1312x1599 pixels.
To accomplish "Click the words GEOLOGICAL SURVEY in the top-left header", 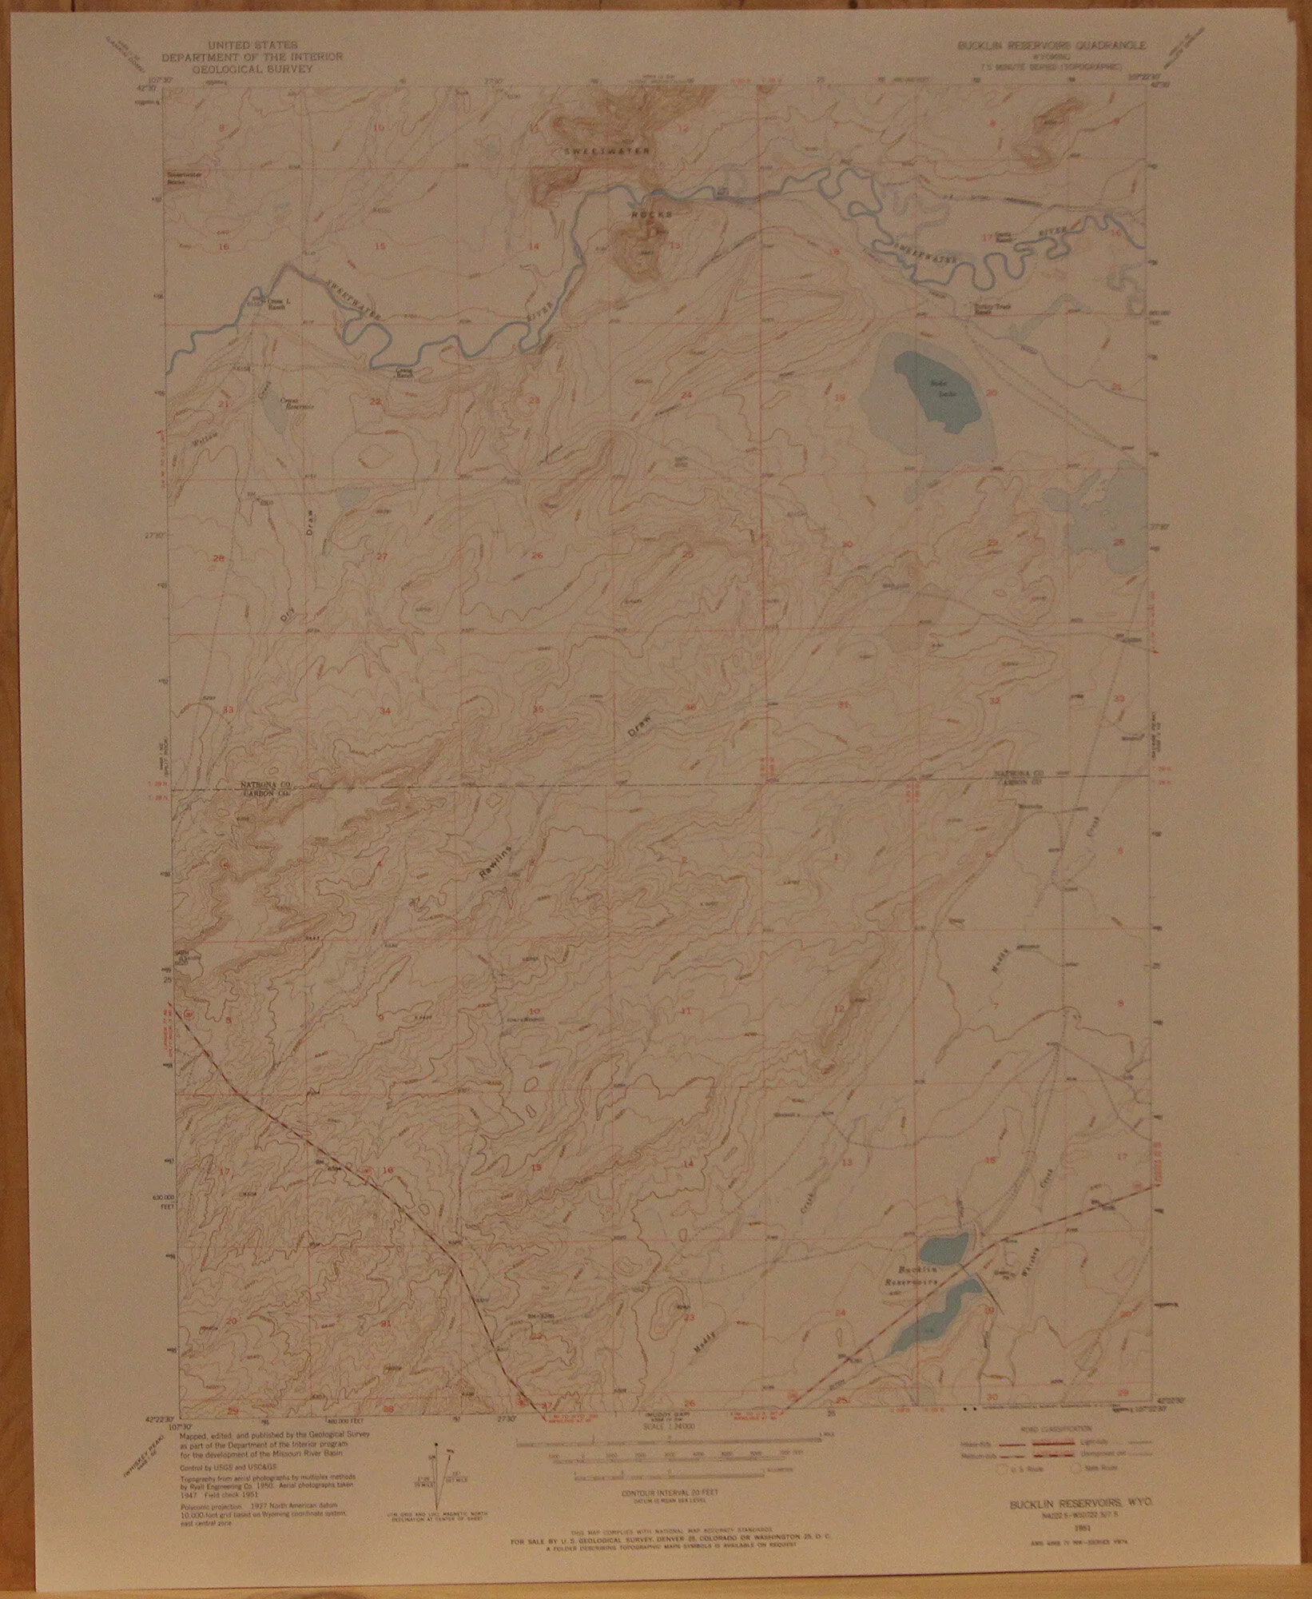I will click(x=252, y=70).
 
